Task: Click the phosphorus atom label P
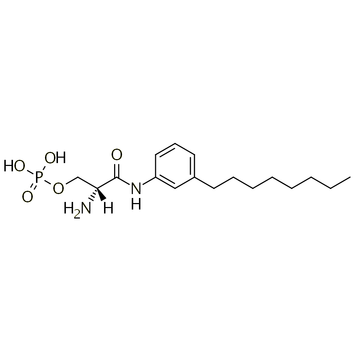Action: (39, 177)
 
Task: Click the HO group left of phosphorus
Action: (14, 166)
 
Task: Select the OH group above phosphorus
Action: (55, 158)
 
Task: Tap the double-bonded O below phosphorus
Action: (28, 197)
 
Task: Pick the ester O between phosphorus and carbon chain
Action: (58, 188)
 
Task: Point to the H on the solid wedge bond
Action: (108, 208)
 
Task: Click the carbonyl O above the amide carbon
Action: (117, 154)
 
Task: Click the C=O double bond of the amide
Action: (117, 170)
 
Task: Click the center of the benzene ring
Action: (175, 166)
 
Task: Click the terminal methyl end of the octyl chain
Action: (350, 177)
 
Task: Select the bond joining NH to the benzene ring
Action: (149, 181)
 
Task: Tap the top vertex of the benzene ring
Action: (175, 143)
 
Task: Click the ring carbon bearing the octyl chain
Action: (195, 177)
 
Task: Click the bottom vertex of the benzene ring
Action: (175, 189)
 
